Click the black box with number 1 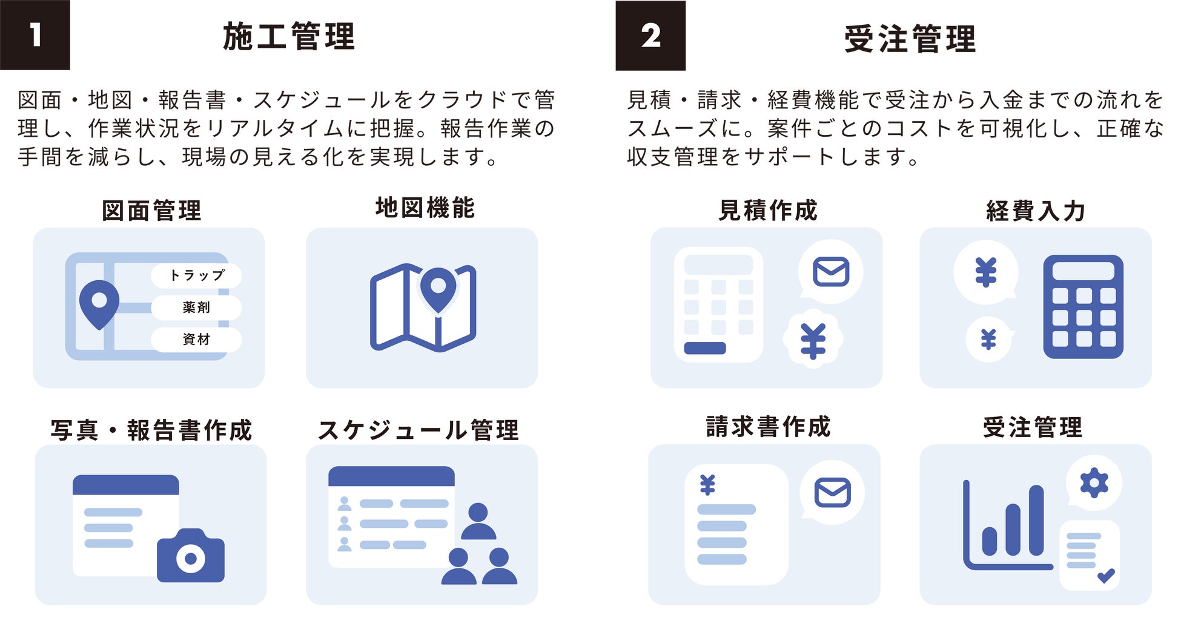[35, 35]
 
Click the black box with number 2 [650, 36]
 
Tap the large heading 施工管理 [289, 36]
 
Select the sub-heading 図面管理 [151, 211]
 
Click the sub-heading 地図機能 [425, 208]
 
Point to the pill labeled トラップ [196, 275]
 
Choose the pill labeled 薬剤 [196, 307]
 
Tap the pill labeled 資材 [196, 340]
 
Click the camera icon [191, 556]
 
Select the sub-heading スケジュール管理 [418, 430]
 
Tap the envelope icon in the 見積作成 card [831, 272]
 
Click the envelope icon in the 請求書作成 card [833, 492]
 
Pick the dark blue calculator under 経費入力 [1083, 307]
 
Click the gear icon [1094, 484]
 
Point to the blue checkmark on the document [1106, 575]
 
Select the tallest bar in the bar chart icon [1036, 521]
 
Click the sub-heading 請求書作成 [768, 427]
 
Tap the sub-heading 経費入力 [1035, 211]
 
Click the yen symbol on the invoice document [707, 485]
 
